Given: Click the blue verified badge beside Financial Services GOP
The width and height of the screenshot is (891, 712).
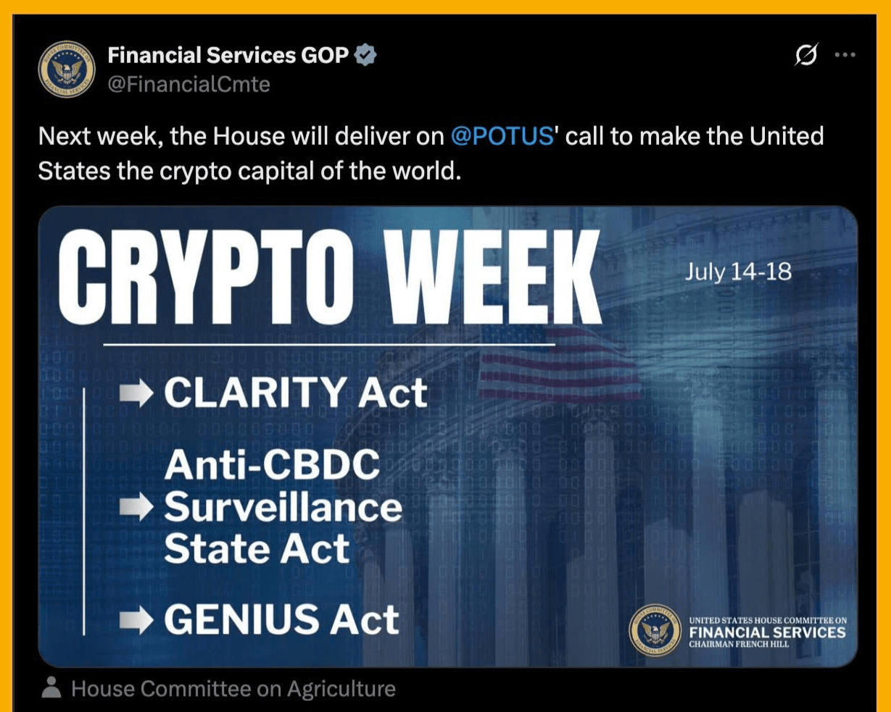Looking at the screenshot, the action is click(365, 54).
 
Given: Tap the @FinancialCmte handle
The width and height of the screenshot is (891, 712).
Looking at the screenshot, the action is click(188, 85).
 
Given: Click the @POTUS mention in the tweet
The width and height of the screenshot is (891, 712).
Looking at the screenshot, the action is click(502, 136).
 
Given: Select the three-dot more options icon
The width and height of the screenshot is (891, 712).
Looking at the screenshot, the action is click(845, 54).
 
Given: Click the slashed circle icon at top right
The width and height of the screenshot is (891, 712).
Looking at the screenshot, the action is click(806, 54).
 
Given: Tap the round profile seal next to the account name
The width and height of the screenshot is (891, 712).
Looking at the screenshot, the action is click(67, 69).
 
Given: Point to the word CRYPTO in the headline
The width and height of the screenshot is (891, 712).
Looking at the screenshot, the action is click(206, 277).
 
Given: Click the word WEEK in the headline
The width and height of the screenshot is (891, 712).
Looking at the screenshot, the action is click(492, 277).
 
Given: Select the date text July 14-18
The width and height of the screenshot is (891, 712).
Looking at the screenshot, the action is click(738, 272).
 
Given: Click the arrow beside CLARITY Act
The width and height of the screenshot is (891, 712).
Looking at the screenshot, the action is click(136, 393).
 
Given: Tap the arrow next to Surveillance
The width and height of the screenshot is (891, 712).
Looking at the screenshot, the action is click(136, 506).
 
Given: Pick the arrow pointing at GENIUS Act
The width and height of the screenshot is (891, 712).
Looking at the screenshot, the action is click(136, 619).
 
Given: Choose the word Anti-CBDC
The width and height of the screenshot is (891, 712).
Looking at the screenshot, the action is click(272, 464).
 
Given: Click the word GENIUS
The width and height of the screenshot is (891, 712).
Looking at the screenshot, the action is click(241, 619).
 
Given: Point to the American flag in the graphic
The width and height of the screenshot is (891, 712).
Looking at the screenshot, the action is click(559, 364).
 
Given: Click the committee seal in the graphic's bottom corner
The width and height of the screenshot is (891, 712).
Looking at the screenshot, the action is click(655, 630).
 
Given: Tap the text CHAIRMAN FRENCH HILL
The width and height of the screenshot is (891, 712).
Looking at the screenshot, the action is click(739, 645).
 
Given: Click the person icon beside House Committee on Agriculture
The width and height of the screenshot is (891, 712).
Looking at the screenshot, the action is click(51, 687).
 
